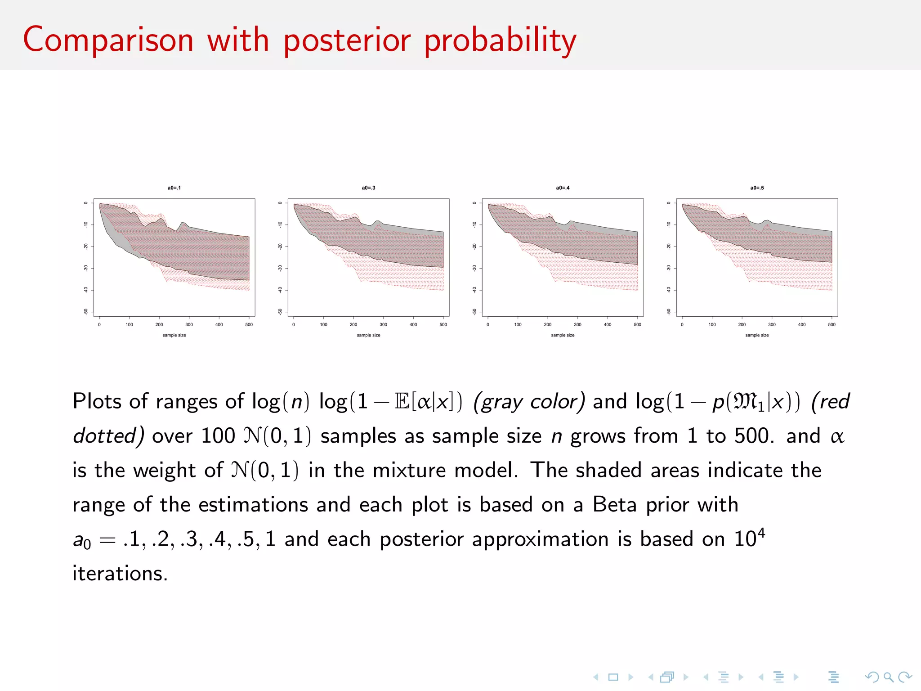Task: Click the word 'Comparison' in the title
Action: pyautogui.click(x=108, y=40)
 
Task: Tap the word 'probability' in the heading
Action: pyautogui.click(x=500, y=40)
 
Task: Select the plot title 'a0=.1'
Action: pyautogui.click(x=174, y=188)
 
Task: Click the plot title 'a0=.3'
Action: pyautogui.click(x=368, y=188)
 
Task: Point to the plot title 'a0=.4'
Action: pyautogui.click(x=563, y=188)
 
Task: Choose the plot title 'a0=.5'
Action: pyautogui.click(x=757, y=188)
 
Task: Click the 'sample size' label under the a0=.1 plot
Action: pyautogui.click(x=174, y=335)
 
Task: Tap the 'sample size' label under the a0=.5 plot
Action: pyautogui.click(x=757, y=335)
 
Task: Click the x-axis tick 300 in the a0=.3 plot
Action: pyautogui.click(x=383, y=324)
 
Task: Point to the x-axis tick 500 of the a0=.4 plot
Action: pyautogui.click(x=637, y=324)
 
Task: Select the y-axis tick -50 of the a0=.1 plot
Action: pyautogui.click(x=86, y=312)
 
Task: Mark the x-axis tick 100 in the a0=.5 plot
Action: pyautogui.click(x=712, y=324)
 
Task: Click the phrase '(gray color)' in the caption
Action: pyautogui.click(x=529, y=402)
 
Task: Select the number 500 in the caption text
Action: pyautogui.click(x=754, y=435)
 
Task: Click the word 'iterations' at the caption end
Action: pyautogui.click(x=120, y=574)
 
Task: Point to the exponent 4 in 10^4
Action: pyautogui.click(x=761, y=533)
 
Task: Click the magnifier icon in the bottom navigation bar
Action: pyautogui.click(x=888, y=677)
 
